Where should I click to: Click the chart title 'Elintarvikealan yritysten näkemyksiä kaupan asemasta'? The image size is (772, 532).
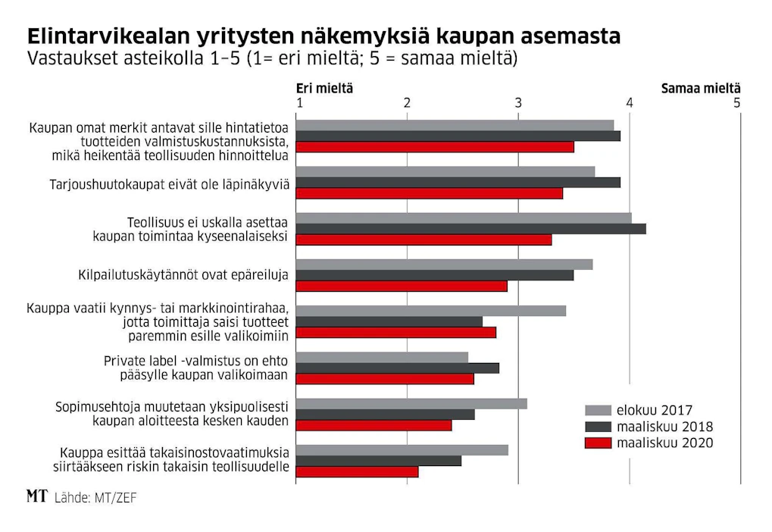coord(323,36)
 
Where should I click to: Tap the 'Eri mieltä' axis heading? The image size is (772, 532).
coord(324,89)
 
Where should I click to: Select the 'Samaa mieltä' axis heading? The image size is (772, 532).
coord(701,89)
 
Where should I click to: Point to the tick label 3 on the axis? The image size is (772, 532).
coord(518,103)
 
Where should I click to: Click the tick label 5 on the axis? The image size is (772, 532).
coord(736,103)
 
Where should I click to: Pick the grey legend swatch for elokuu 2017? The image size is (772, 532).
coord(598,410)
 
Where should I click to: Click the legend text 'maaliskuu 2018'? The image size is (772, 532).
coord(664,427)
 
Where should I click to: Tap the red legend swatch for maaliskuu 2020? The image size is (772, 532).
coord(598,443)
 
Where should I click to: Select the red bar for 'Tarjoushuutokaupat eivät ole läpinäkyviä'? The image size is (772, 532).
coord(430,193)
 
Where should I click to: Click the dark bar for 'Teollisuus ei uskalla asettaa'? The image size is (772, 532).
coord(470,229)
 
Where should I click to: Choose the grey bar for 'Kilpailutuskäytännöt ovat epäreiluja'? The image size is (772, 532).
coord(444,264)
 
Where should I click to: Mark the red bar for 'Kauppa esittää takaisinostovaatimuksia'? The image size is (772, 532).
coord(357,472)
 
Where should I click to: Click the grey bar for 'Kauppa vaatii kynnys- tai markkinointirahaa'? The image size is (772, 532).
coord(431,311)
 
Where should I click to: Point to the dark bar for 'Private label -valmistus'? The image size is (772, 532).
coord(397,368)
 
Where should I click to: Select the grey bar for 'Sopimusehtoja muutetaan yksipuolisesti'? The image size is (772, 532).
coord(411,404)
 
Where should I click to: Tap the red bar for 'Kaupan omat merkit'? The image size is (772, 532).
coord(435,147)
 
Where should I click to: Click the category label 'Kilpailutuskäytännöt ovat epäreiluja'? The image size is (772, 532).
coord(183,275)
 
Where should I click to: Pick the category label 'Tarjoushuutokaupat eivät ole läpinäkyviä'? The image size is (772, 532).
coord(170,184)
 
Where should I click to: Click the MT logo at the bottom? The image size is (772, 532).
coord(37,496)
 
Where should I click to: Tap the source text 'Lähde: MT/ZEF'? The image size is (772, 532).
coord(95,498)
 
